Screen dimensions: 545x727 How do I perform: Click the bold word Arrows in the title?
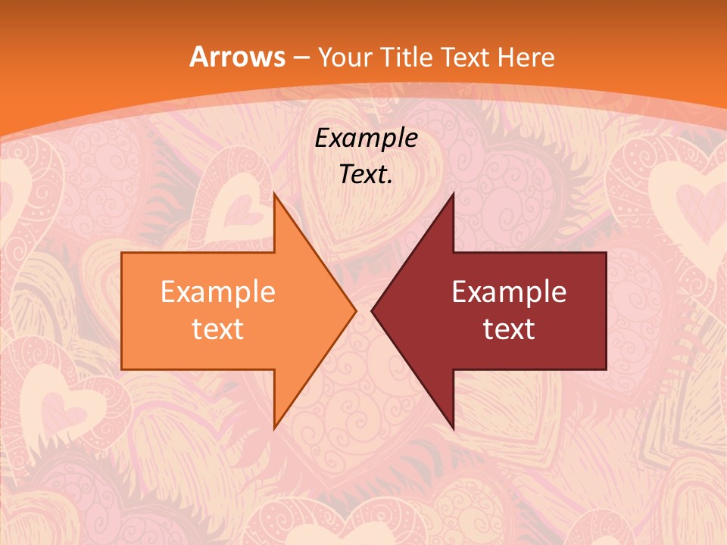click(237, 57)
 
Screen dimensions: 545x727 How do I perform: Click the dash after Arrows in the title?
click(301, 58)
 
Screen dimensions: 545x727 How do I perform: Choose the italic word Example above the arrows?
click(367, 139)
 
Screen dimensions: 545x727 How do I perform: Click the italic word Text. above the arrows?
click(367, 175)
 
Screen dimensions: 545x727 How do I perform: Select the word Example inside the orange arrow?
click(218, 291)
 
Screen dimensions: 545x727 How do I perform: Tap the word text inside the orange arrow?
click(218, 329)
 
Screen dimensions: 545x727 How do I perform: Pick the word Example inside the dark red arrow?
click(509, 291)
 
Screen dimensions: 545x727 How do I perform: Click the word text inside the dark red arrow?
click(509, 329)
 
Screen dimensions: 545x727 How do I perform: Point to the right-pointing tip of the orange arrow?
click(356, 310)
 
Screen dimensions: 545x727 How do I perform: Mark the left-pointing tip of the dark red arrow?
click(372, 310)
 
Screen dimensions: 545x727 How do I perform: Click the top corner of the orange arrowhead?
click(274, 194)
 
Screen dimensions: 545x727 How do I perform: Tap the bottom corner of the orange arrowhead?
click(274, 428)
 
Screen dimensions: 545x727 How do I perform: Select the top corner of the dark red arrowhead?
click(453, 194)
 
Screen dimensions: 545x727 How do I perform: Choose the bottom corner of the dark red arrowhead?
click(453, 428)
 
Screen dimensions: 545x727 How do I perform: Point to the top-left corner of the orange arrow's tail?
click(122, 253)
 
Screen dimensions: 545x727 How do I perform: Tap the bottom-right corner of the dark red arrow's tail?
click(606, 369)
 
